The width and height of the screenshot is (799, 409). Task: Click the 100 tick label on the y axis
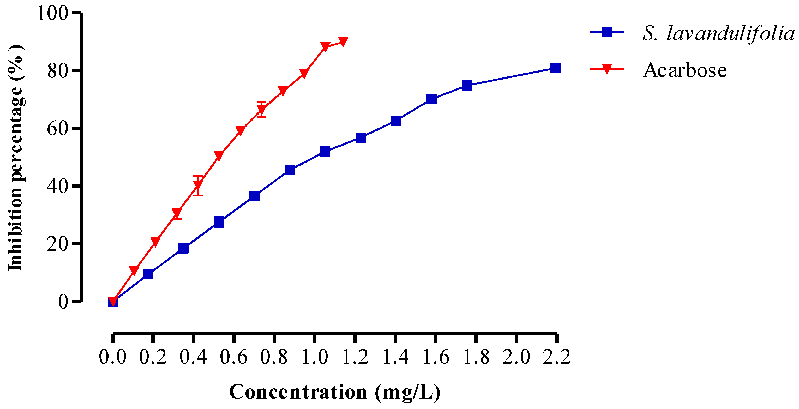(x=52, y=13)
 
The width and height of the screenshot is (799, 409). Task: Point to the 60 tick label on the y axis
(x=57, y=128)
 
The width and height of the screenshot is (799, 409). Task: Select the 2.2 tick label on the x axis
(x=556, y=357)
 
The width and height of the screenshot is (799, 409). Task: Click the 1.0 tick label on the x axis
(x=315, y=357)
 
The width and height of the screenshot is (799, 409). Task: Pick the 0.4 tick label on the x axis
(x=193, y=357)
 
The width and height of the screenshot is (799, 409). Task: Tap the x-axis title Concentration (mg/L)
(x=334, y=392)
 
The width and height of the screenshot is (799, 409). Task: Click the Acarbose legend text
(x=685, y=70)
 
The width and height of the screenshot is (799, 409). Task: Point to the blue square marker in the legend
(x=607, y=32)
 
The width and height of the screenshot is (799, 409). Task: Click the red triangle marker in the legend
(x=607, y=69)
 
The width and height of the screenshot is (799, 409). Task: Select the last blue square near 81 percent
(x=555, y=68)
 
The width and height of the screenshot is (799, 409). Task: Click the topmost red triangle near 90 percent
(x=343, y=41)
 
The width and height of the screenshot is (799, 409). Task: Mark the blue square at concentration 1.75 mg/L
(x=467, y=85)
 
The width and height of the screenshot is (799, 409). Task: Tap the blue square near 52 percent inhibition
(x=325, y=151)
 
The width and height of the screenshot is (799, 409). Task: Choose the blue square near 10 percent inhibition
(x=148, y=274)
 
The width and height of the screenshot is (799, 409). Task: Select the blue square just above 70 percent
(x=431, y=99)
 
